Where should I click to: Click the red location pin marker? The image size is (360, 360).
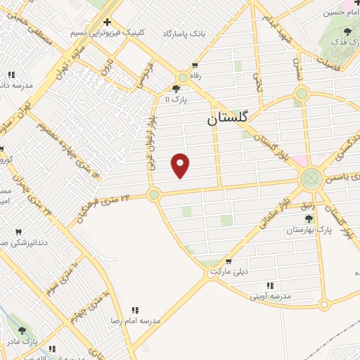coord(181,165)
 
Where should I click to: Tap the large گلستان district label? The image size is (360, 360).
coord(229,119)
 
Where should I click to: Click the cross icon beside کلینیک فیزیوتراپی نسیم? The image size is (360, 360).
coord(107,22)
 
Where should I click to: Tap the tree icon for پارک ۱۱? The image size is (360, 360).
coord(176,89)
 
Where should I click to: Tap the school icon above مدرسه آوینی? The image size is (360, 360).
coord(270,285)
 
